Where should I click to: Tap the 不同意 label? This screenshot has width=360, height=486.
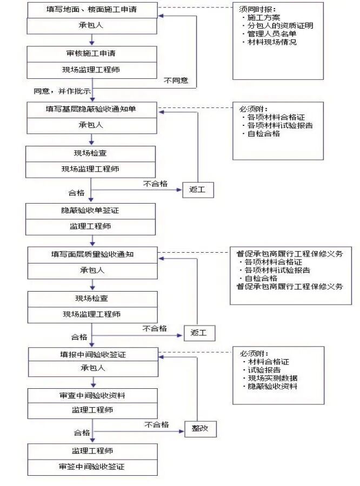coord(176,80)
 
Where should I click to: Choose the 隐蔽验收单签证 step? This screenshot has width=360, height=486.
coord(91,211)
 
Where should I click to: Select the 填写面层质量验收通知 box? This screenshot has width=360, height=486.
coord(92,254)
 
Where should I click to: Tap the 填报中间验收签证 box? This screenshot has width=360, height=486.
coord(92,355)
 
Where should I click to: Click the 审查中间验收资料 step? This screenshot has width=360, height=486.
coord(92,395)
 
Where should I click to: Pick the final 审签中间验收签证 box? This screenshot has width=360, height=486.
coord(92,467)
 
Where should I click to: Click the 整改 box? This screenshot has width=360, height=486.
coord(200,429)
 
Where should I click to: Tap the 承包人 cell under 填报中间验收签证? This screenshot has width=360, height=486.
coord(92,368)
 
